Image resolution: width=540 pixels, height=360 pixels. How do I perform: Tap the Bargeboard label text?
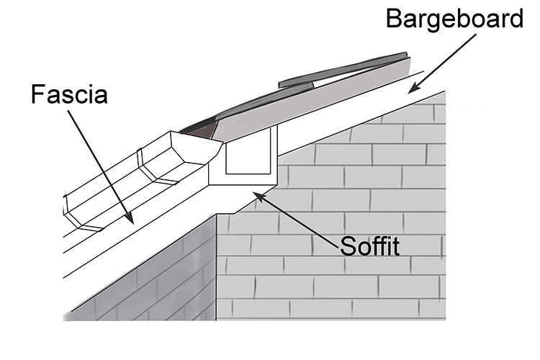(x=454, y=19)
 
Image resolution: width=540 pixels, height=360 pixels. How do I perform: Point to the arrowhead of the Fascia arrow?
(x=130, y=220)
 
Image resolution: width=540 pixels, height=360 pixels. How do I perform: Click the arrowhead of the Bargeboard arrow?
(x=411, y=92)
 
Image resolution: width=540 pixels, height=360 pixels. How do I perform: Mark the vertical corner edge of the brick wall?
(x=217, y=266)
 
